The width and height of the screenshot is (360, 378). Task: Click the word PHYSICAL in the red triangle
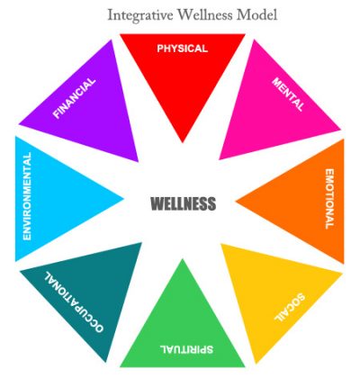[x=182, y=49]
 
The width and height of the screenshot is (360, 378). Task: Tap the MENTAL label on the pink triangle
[x=288, y=94]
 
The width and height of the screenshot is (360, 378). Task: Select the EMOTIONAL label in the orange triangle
[x=329, y=199]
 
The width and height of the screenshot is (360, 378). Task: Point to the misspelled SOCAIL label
[x=290, y=308]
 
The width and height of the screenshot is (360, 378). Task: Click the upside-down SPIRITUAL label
[x=186, y=349]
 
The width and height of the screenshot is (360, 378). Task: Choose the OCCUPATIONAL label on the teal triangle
[x=74, y=301]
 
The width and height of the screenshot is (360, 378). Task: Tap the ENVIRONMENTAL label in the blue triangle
[x=27, y=196]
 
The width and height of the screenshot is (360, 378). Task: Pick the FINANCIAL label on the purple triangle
[x=74, y=98]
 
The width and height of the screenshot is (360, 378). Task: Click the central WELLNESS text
[x=183, y=203]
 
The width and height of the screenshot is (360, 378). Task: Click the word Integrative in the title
[x=140, y=15]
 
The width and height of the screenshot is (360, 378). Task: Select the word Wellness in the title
[x=204, y=14]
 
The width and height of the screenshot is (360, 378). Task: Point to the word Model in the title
[x=256, y=14]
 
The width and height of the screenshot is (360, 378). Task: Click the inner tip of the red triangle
[x=183, y=142]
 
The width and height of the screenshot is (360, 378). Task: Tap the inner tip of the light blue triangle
[x=123, y=198]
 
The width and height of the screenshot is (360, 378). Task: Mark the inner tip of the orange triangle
[x=236, y=202]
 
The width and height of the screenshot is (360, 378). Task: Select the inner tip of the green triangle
[x=183, y=258]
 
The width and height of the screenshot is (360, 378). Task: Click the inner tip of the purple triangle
[x=138, y=161]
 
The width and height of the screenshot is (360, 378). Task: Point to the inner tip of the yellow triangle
[x=221, y=244]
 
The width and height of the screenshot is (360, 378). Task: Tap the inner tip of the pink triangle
[x=220, y=159]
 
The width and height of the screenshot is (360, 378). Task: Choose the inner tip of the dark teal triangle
[x=141, y=242]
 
